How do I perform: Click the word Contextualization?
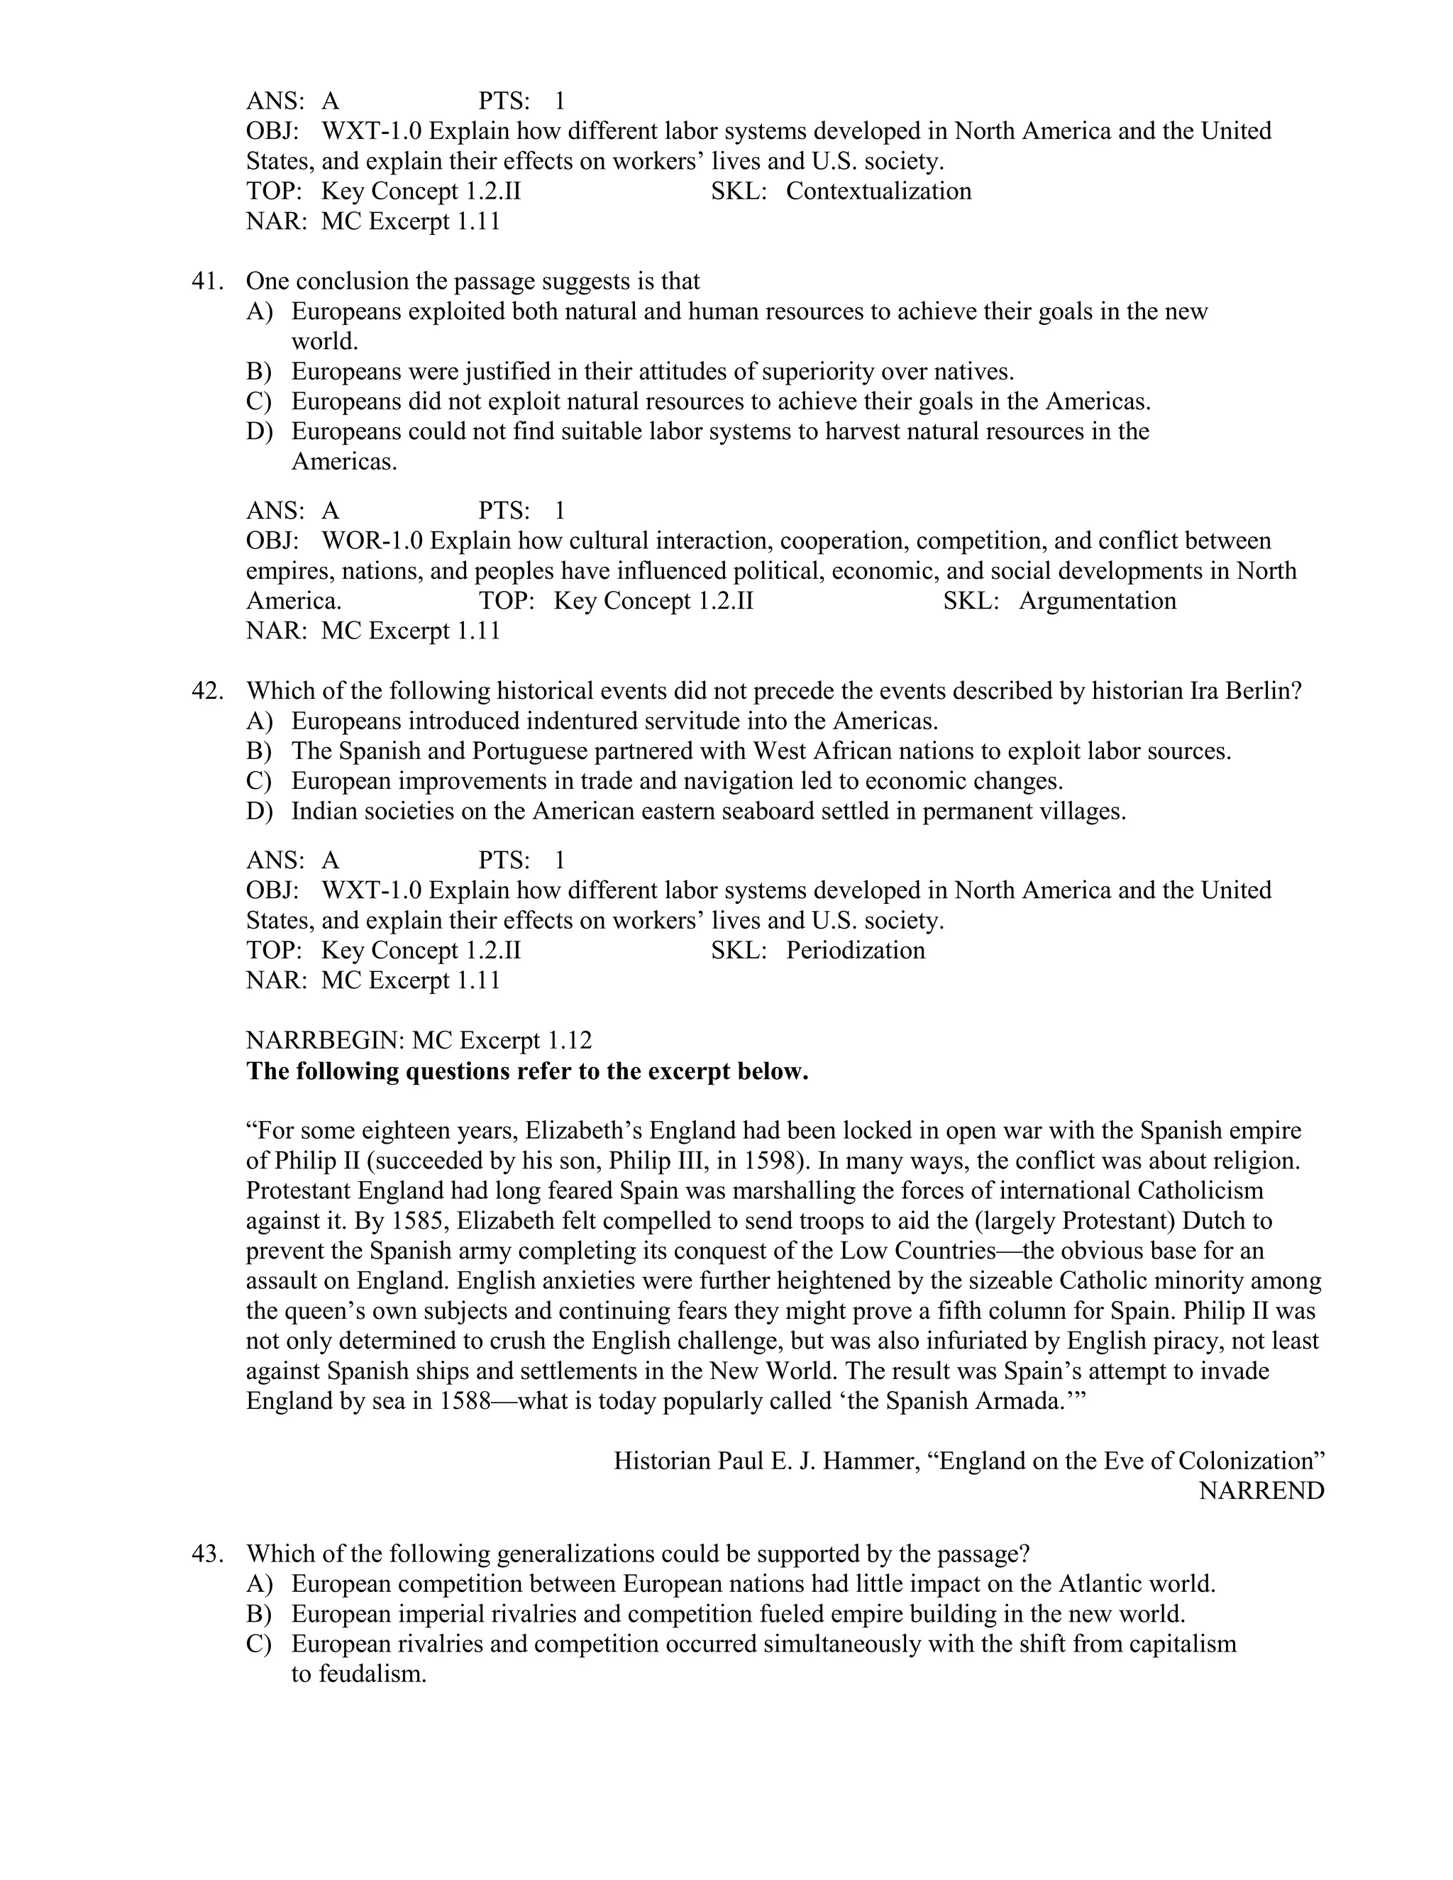coord(878,191)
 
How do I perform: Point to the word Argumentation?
coord(1097,601)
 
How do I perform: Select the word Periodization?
coord(855,951)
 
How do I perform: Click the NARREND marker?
coord(1261,1491)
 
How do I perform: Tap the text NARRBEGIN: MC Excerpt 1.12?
coord(419,1041)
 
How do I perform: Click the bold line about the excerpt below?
coord(527,1072)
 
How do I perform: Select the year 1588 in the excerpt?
coord(465,1401)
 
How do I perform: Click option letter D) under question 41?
coord(259,431)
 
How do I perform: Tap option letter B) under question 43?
coord(259,1614)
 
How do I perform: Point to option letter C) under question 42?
coord(259,782)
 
